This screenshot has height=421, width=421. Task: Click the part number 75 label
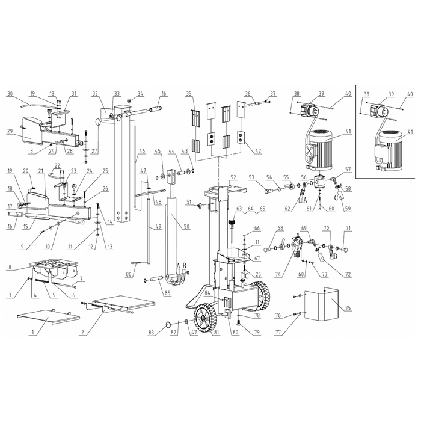click(x=348, y=308)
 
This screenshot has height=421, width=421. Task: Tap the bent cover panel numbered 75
click(x=321, y=304)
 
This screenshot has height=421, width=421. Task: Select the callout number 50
click(x=186, y=226)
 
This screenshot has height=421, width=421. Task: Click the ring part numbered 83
click(x=168, y=325)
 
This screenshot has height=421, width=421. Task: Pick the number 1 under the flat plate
click(x=32, y=333)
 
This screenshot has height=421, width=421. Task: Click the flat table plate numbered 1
click(x=48, y=317)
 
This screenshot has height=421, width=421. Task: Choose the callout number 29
click(x=10, y=131)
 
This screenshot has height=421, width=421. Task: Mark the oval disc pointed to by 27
click(x=97, y=123)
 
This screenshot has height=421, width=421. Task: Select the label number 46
click(x=142, y=151)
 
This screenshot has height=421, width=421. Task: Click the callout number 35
click(x=189, y=94)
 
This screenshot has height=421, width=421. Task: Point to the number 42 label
click(x=258, y=151)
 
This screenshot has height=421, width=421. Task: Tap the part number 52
click(x=233, y=177)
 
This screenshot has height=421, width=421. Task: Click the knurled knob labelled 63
click(x=231, y=223)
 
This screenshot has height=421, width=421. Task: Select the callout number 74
click(x=278, y=274)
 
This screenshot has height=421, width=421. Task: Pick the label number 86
click(x=129, y=274)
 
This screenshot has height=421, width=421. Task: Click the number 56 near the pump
click(x=304, y=177)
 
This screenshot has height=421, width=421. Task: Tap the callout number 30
click(x=10, y=94)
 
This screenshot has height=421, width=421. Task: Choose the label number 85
click(x=168, y=293)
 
